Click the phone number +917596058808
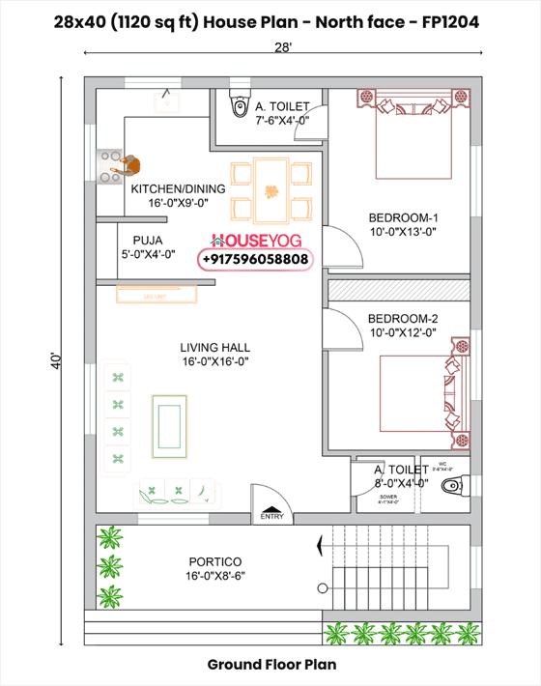(x=256, y=259)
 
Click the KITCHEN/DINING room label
(x=179, y=188)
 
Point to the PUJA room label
(x=148, y=240)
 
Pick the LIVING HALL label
(x=214, y=347)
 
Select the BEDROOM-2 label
(x=403, y=318)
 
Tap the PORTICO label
(x=214, y=561)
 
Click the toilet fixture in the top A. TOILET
(x=237, y=105)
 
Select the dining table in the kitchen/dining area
(x=270, y=189)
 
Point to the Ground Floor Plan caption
(x=270, y=665)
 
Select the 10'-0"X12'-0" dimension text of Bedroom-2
(x=403, y=332)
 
